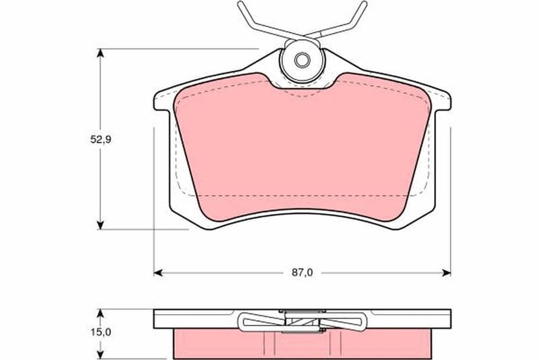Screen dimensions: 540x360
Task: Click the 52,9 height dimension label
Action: click(x=101, y=140)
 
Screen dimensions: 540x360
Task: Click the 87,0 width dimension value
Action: click(x=302, y=273)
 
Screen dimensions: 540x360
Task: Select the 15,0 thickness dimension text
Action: click(x=101, y=332)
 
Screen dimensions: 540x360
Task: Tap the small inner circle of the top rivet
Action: click(x=302, y=61)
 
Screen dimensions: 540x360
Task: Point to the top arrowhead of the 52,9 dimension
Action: click(x=100, y=53)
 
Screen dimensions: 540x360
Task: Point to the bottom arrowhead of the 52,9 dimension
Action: click(x=100, y=226)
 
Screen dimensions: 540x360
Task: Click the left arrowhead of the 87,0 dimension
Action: click(x=158, y=273)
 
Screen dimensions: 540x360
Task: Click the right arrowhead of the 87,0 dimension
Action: click(x=446, y=273)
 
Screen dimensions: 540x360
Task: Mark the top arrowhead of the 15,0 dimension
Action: click(x=100, y=313)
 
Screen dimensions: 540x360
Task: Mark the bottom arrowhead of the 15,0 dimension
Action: click(x=100, y=355)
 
